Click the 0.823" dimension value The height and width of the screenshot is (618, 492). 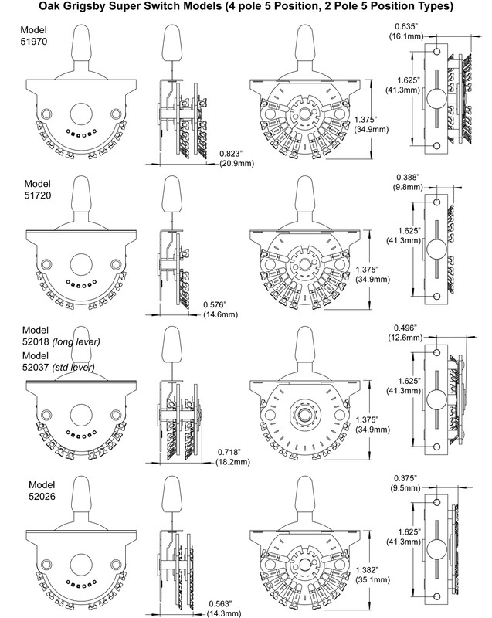point(232,153)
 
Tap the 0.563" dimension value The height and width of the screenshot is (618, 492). point(222,603)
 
